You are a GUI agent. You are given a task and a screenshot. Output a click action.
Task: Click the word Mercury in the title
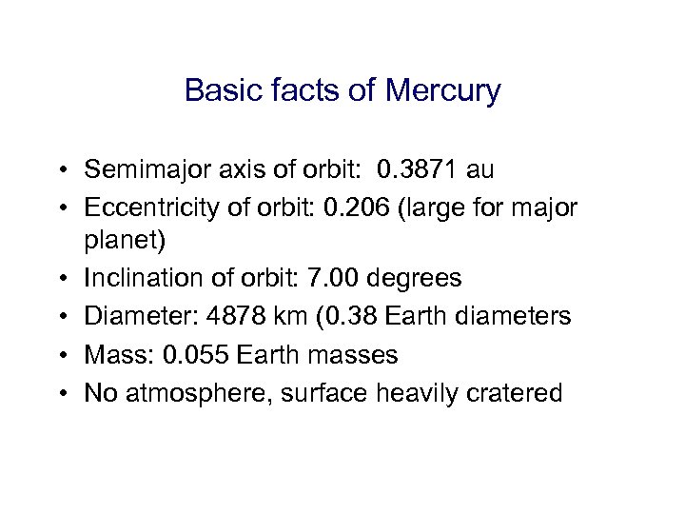[443, 91]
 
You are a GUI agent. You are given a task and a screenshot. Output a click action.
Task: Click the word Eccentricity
[144, 207]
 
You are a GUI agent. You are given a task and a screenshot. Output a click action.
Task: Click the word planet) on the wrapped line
[125, 242]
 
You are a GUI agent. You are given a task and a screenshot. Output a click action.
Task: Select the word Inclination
[141, 278]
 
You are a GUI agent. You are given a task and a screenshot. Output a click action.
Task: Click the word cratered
[519, 391]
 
